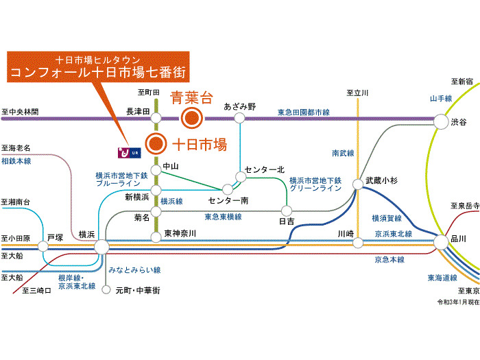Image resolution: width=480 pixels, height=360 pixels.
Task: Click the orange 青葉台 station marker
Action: click(x=192, y=118)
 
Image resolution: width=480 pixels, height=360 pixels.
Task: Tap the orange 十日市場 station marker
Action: click(x=156, y=143)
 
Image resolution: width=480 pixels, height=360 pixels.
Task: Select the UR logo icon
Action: click(x=130, y=152)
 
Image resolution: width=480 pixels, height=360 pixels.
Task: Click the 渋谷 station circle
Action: click(x=441, y=121)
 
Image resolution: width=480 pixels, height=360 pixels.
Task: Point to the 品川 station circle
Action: click(x=442, y=242)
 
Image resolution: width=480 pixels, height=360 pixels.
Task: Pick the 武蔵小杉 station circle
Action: click(x=357, y=184)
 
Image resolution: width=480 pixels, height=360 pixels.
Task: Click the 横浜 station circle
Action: click(x=101, y=247)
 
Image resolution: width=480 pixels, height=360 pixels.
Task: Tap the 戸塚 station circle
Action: click(x=43, y=246)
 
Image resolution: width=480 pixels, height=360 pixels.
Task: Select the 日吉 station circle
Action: click(x=287, y=211)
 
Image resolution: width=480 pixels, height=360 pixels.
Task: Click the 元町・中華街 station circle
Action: click(x=106, y=289)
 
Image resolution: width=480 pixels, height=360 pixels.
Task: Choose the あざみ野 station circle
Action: click(x=239, y=118)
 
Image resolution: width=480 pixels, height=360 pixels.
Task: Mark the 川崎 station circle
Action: click(x=358, y=243)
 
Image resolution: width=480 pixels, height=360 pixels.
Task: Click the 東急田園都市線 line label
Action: click(x=304, y=112)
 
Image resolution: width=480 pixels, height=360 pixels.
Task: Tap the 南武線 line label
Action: click(x=343, y=153)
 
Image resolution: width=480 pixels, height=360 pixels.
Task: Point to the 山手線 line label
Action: click(x=441, y=98)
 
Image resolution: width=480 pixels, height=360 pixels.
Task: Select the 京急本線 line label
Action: click(x=389, y=260)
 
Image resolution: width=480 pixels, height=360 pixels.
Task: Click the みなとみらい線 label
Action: click(x=134, y=269)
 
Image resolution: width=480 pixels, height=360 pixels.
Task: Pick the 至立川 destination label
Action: click(x=357, y=93)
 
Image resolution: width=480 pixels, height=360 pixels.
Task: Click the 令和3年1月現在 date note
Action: click(x=458, y=302)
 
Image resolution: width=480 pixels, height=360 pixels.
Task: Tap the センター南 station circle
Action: click(x=228, y=189)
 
